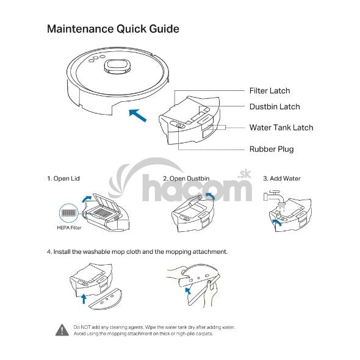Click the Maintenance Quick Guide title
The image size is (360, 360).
[113, 29]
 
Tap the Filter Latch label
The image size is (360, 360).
[270, 91]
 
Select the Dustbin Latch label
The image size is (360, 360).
[275, 107]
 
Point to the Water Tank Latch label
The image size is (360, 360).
[281, 128]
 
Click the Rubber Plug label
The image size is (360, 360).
[272, 149]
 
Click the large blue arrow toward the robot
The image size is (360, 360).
[138, 115]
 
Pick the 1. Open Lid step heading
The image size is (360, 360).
[63, 179]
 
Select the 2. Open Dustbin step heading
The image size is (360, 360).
[186, 179]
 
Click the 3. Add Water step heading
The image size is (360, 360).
[282, 179]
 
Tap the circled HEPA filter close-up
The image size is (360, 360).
[69, 214]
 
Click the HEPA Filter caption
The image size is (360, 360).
[69, 228]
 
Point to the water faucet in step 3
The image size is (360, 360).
[275, 197]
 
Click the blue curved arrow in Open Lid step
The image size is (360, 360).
[86, 198]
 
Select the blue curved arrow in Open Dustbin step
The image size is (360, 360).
[210, 196]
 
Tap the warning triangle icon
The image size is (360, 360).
[62, 330]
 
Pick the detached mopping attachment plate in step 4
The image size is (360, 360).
[106, 298]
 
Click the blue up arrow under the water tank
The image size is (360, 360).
[84, 298]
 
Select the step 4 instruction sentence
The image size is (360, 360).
[137, 252]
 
